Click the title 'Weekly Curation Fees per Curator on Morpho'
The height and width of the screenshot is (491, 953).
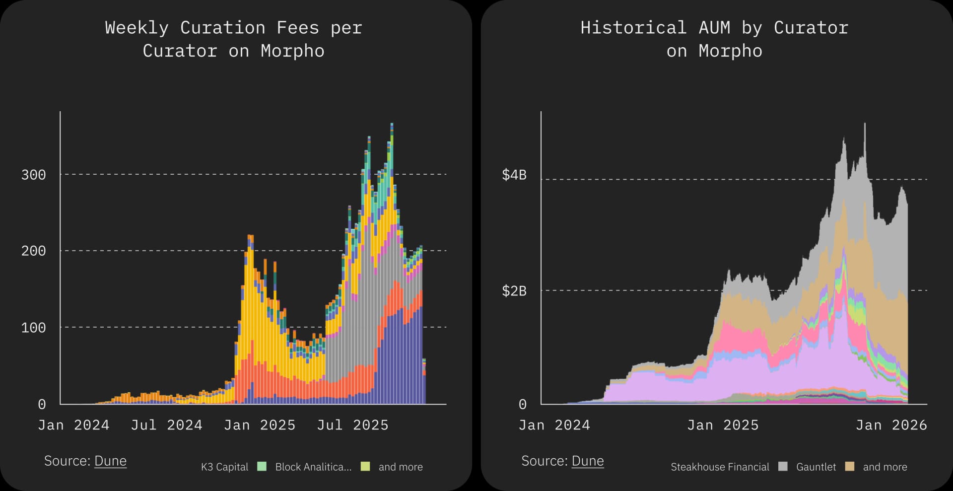tap(233, 39)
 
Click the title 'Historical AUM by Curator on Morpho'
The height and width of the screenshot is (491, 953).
tap(714, 39)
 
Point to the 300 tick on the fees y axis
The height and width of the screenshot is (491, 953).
tap(33, 175)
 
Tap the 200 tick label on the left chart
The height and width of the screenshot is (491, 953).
tap(33, 251)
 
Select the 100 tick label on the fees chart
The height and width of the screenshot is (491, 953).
tap(33, 328)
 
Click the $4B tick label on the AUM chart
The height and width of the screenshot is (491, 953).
tap(514, 175)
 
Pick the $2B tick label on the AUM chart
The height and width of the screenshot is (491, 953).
tap(514, 291)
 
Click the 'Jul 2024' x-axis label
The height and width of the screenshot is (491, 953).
tap(166, 425)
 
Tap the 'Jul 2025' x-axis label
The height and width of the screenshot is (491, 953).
tap(352, 425)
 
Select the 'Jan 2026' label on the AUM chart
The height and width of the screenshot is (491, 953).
tap(891, 425)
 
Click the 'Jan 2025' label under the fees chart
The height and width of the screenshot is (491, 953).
tap(260, 425)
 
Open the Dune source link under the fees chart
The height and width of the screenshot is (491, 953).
tap(110, 461)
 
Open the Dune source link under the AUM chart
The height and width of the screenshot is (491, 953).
tap(588, 461)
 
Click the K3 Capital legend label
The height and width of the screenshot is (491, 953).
tap(224, 467)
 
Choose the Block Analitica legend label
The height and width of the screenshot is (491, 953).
tap(313, 467)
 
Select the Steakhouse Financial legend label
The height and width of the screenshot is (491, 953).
tap(720, 467)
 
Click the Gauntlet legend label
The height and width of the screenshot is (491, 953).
tap(816, 467)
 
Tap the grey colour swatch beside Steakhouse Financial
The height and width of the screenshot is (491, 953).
tap(783, 466)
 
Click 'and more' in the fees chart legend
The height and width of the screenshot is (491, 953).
tap(401, 467)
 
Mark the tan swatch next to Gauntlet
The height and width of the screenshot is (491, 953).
tap(850, 466)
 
